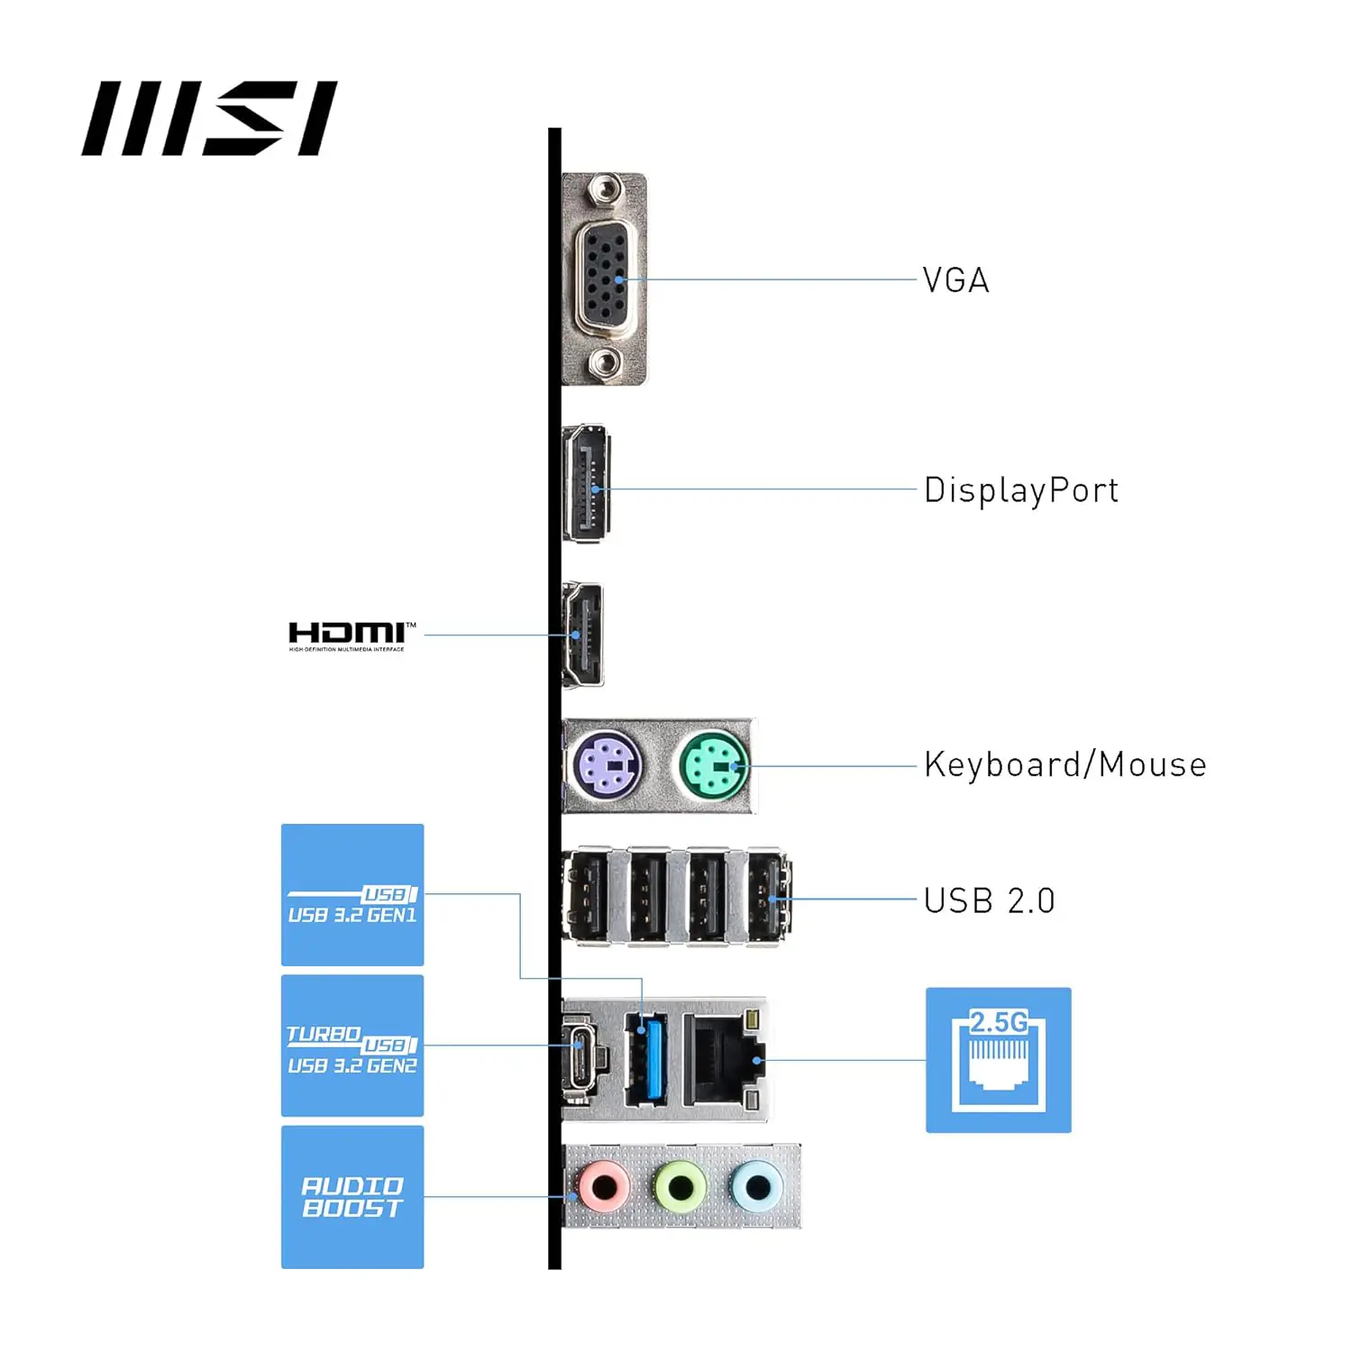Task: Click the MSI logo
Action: click(x=209, y=118)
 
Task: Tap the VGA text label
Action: click(x=955, y=280)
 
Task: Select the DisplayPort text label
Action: click(x=1020, y=490)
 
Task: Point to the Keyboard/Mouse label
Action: click(x=1064, y=764)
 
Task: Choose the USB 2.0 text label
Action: click(x=989, y=900)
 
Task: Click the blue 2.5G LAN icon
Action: click(x=998, y=1060)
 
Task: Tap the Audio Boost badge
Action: click(x=352, y=1197)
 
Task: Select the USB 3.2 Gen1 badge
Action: click(x=352, y=895)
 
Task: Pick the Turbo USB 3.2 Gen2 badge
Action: click(x=352, y=1046)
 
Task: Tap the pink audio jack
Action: click(x=604, y=1188)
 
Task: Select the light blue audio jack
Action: click(x=757, y=1188)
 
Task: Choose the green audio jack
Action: click(x=681, y=1188)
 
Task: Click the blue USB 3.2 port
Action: click(x=644, y=1059)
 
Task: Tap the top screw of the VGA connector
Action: click(x=603, y=191)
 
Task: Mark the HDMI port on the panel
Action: click(x=582, y=635)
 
